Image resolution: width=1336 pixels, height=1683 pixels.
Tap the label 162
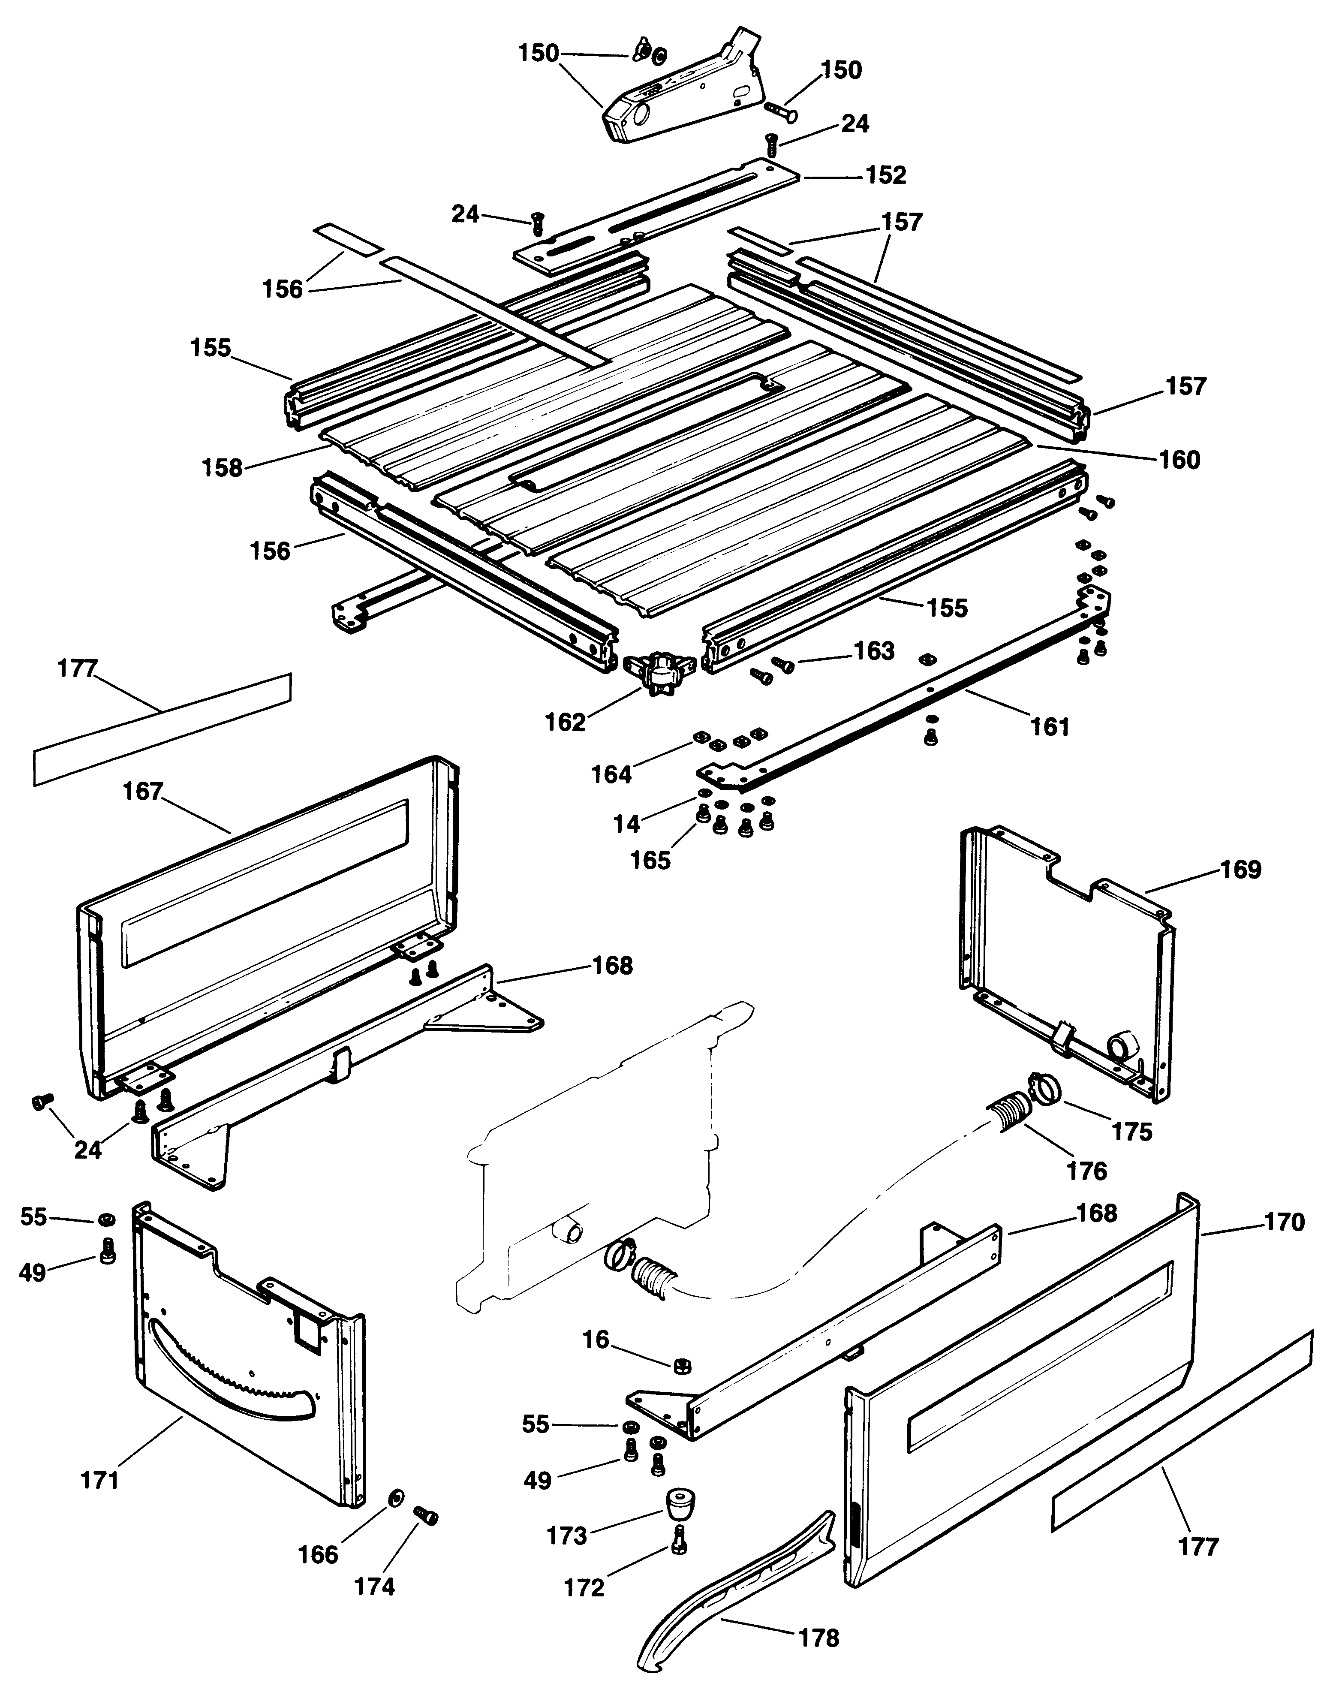565,722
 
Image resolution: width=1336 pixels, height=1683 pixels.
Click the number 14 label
626,824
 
